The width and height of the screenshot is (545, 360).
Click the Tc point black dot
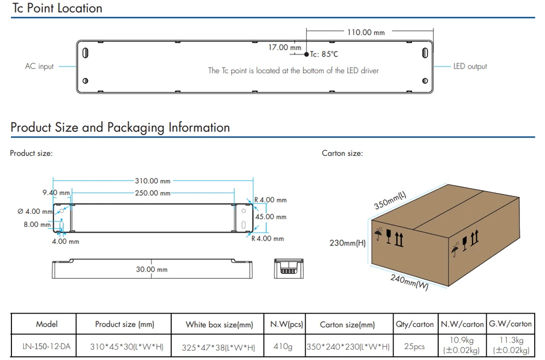click(x=306, y=54)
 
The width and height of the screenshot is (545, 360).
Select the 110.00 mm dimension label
click(x=366, y=32)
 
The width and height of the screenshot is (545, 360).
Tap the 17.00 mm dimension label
click(x=284, y=47)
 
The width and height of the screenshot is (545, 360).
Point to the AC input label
click(x=39, y=66)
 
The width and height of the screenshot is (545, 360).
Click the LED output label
click(x=470, y=66)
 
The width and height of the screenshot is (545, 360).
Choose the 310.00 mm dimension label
click(x=153, y=181)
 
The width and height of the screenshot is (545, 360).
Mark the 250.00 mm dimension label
click(x=153, y=193)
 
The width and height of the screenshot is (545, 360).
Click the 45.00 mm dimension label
click(x=271, y=217)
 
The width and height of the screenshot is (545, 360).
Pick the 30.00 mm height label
click(x=152, y=269)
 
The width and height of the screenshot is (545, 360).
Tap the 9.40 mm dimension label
click(x=56, y=193)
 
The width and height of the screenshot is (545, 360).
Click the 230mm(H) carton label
click(x=348, y=243)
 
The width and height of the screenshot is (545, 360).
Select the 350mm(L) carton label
click(x=390, y=200)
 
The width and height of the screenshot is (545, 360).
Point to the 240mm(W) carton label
click(x=409, y=282)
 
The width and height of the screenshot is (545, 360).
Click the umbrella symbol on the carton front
click(x=379, y=234)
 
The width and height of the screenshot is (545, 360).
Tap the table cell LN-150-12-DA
click(x=46, y=346)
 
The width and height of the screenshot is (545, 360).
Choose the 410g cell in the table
click(x=282, y=346)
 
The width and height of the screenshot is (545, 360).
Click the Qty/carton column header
click(x=415, y=324)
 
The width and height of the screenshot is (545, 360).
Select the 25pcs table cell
click(x=414, y=346)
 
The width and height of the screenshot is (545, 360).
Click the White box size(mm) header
click(x=219, y=325)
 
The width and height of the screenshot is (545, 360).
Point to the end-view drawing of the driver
click(x=288, y=268)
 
